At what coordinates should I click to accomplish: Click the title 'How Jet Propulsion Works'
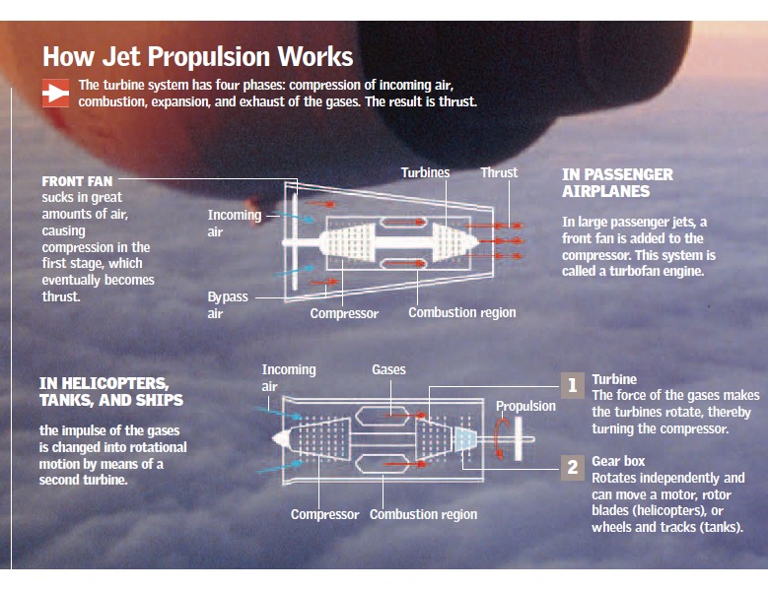click(197, 56)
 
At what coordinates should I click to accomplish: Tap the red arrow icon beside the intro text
click(55, 93)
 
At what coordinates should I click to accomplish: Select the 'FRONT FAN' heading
click(77, 181)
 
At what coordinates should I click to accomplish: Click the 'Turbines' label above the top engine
click(425, 172)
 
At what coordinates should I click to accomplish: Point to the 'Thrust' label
click(499, 172)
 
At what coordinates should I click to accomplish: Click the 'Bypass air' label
click(228, 304)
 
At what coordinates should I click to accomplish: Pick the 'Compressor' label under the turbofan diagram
click(344, 313)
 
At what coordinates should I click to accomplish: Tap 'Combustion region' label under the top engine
click(461, 312)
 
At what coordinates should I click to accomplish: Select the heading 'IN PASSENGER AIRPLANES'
click(617, 183)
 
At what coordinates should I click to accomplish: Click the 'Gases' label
click(388, 369)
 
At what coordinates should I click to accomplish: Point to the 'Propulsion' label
click(525, 406)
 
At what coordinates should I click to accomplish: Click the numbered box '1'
click(572, 386)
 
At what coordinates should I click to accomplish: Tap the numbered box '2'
click(572, 468)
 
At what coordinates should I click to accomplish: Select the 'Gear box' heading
click(618, 461)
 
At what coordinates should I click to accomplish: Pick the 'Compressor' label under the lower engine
click(324, 515)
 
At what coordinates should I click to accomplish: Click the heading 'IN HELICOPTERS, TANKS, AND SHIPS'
click(111, 392)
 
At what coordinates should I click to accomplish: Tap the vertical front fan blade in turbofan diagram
click(295, 241)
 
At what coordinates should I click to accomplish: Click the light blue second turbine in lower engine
click(464, 439)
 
